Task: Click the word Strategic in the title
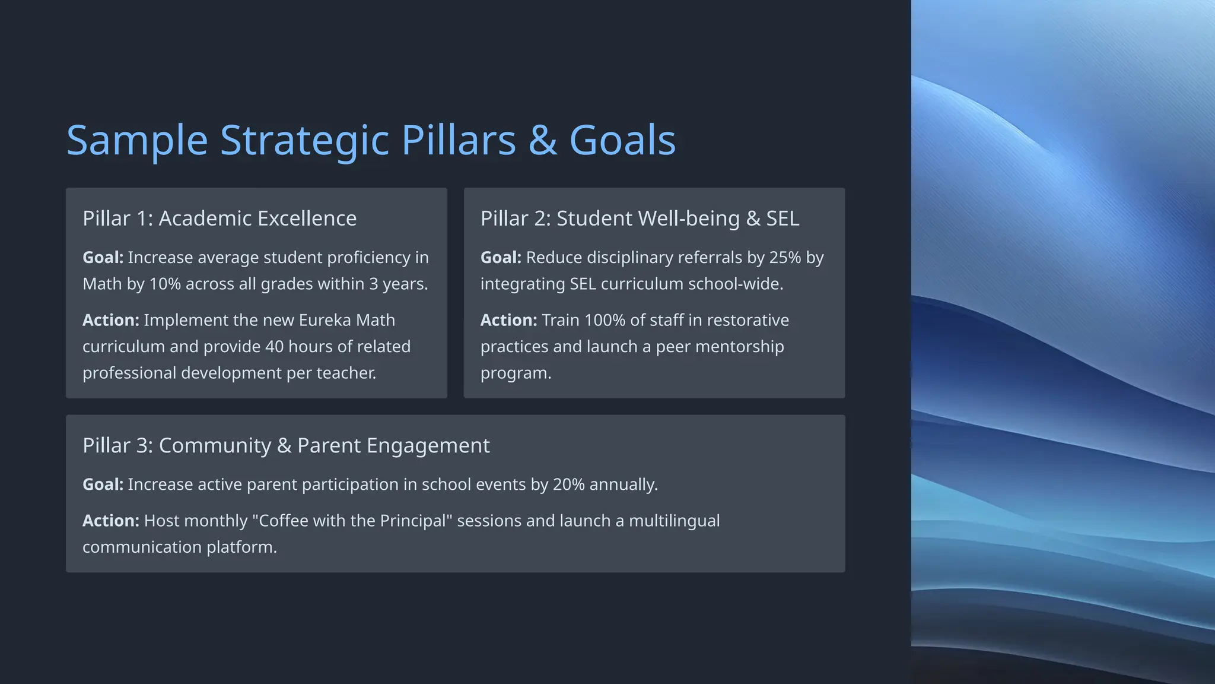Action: (x=304, y=141)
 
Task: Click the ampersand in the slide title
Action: (x=542, y=141)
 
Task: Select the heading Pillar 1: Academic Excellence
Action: (x=220, y=218)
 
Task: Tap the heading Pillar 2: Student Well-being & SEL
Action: (x=640, y=218)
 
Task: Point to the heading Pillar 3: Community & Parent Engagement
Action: (x=286, y=445)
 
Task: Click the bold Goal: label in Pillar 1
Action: (x=103, y=258)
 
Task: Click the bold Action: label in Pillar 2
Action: (x=508, y=320)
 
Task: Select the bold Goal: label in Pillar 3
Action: (x=103, y=484)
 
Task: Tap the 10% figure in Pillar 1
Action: (x=165, y=284)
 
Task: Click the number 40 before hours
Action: (x=274, y=346)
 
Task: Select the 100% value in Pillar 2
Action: (x=605, y=320)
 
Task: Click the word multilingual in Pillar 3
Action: (x=674, y=521)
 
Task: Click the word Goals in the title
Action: (x=622, y=141)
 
